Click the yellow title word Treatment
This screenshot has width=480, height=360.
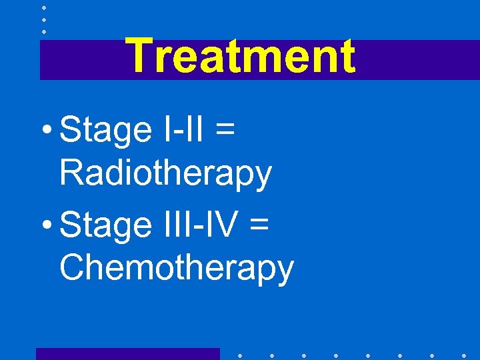pos(240,56)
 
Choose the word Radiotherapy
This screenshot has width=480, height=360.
pos(165,174)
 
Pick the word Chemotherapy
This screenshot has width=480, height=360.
pos(176,269)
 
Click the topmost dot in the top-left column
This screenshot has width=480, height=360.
pos(43,8)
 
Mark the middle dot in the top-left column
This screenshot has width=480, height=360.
pos(43,20)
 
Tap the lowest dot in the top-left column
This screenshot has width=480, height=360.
pos(43,31)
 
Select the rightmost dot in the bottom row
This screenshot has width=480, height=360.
pos(464,355)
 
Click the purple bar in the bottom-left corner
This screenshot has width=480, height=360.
pos(127,354)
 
